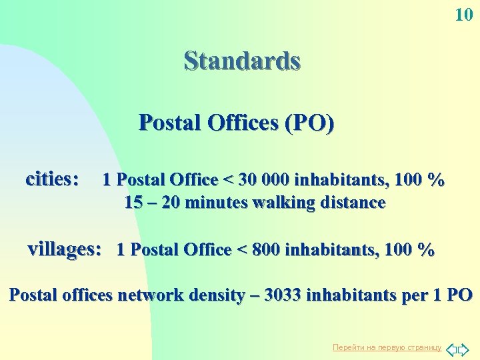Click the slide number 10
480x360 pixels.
464,14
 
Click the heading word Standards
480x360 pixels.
242,61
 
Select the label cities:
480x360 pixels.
52,179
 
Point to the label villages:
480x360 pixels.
65,249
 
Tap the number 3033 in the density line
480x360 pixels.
283,295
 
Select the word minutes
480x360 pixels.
212,203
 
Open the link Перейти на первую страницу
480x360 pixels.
387,347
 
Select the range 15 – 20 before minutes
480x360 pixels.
151,203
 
